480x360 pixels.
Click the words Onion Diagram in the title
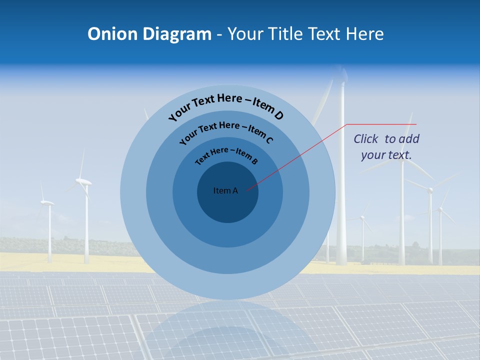click(x=149, y=34)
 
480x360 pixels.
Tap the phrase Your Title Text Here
click(x=305, y=34)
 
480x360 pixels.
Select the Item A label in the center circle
click(x=225, y=190)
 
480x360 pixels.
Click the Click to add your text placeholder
click(x=386, y=147)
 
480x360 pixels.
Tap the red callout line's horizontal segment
click(x=381, y=124)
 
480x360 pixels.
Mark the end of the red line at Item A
click(x=247, y=189)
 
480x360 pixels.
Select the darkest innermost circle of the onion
click(x=227, y=207)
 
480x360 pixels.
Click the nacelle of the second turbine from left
click(x=84, y=182)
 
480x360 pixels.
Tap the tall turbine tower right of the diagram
click(x=341, y=200)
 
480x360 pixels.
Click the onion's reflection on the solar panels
click(x=227, y=330)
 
